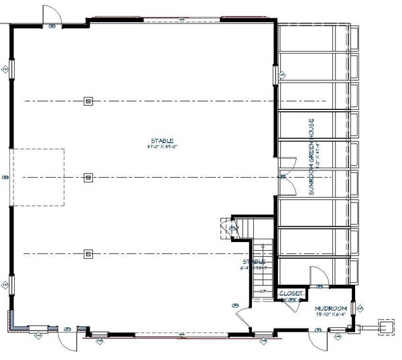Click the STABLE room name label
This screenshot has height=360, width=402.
click(x=161, y=140)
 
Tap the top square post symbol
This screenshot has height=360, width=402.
click(x=88, y=101)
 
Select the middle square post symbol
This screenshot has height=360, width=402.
click(x=88, y=178)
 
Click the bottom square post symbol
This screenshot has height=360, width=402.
click(x=88, y=253)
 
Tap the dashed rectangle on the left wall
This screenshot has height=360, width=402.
click(x=39, y=177)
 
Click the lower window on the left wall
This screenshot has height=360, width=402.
click(x=10, y=282)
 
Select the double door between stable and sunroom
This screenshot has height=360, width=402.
click(x=284, y=168)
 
